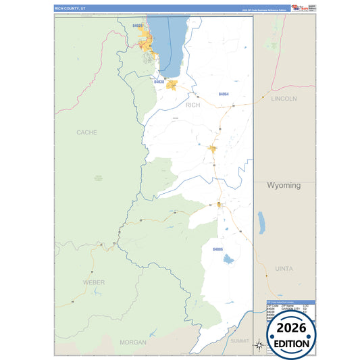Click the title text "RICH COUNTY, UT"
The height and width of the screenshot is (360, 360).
tap(70, 8)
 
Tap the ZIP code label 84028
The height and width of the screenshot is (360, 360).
tap(138, 26)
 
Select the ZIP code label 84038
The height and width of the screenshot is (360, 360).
tap(159, 82)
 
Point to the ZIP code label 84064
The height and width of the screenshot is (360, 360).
tap(224, 94)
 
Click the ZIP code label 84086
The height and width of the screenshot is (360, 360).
tap(217, 249)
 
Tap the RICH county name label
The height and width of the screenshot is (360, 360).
tap(193, 105)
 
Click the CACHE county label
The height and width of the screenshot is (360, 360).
tap(87, 132)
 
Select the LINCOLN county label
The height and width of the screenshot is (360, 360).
tap(284, 99)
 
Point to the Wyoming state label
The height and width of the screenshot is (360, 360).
tap(284, 185)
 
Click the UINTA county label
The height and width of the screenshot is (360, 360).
tap(284, 269)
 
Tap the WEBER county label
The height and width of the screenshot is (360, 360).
tap(94, 282)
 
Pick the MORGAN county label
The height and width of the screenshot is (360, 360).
tap(132, 342)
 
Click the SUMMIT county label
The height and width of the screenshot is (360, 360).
tap(239, 341)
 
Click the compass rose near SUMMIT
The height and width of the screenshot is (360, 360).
tap(258, 346)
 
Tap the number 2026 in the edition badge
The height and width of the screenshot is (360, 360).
tap(292, 328)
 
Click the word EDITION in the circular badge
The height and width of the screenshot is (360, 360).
tap(292, 343)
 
